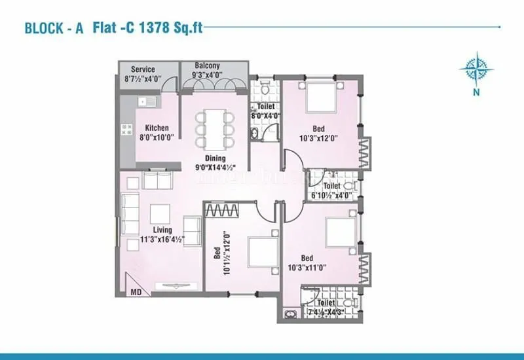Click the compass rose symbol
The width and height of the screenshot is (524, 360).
pyautogui.click(x=476, y=69)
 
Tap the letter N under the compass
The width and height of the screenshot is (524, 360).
pyautogui.click(x=476, y=92)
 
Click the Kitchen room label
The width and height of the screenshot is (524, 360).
pyautogui.click(x=157, y=128)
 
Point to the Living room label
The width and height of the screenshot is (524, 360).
pyautogui.click(x=162, y=230)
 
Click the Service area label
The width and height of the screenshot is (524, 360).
pyautogui.click(x=143, y=69)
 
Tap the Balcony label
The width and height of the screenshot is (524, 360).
pyautogui.click(x=208, y=66)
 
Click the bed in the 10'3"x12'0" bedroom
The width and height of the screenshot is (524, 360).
pyautogui.click(x=321, y=98)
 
